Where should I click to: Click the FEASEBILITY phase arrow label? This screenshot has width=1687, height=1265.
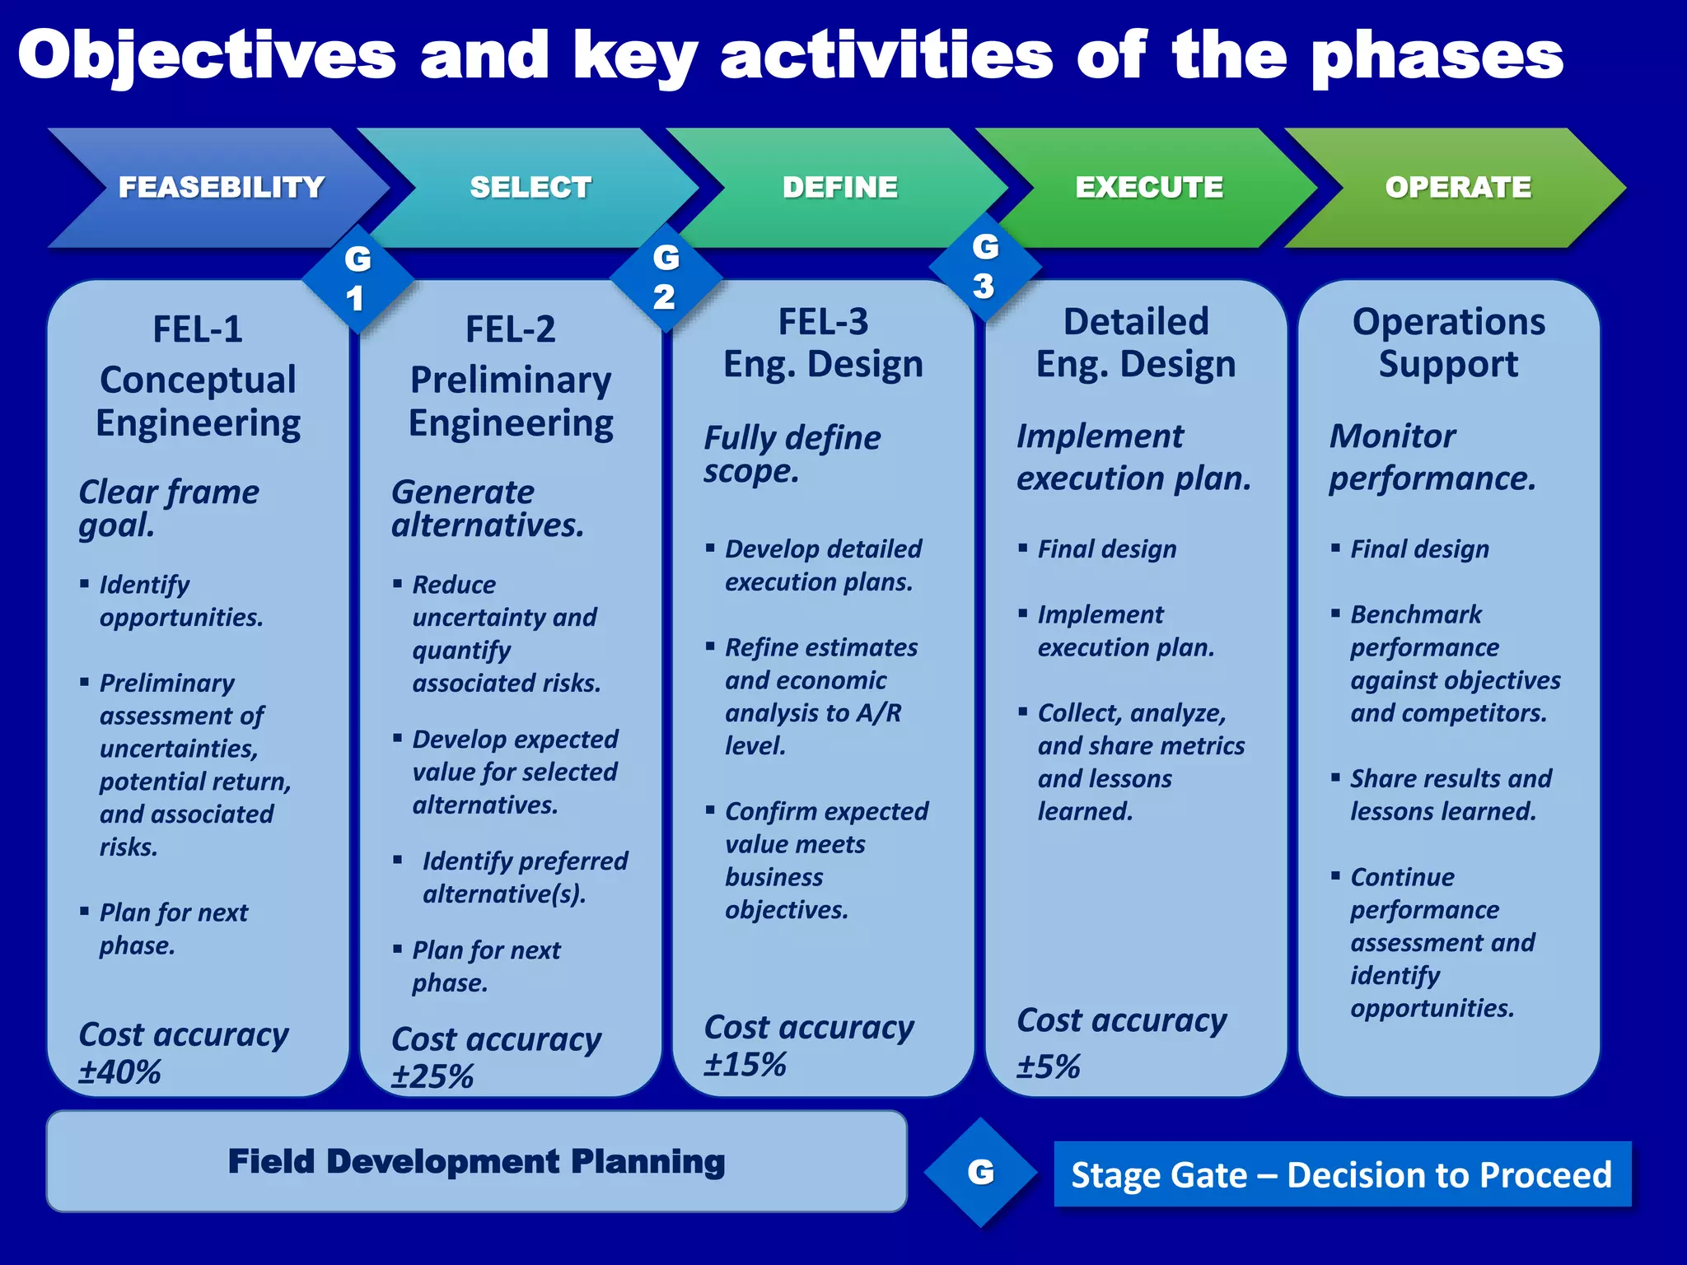tap(221, 188)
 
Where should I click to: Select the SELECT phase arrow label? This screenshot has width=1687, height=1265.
tap(530, 188)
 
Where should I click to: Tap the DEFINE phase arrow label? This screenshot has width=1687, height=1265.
tap(839, 188)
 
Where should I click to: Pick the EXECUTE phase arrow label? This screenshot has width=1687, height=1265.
tap(1149, 188)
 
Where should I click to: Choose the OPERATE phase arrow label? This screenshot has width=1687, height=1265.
tap(1458, 188)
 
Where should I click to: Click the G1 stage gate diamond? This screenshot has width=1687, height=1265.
tap(357, 278)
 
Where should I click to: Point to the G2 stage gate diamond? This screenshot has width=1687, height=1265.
tap(666, 277)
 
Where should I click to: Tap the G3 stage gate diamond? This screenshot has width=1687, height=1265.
tap(984, 266)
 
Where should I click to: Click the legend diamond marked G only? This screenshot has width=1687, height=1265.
tap(980, 1172)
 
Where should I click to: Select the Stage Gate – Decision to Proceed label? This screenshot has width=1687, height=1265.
tap(1341, 1174)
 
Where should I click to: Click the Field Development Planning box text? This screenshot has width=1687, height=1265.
tap(476, 1161)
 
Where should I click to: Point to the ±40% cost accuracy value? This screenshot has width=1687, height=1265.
tap(120, 1072)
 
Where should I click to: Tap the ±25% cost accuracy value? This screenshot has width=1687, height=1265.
tap(432, 1076)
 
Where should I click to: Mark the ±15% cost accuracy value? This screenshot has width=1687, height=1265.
tap(745, 1065)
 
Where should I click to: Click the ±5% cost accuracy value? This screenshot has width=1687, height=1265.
tap(1048, 1067)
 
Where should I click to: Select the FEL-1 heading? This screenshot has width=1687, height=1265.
tap(198, 329)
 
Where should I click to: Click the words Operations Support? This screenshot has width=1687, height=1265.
tap(1448, 343)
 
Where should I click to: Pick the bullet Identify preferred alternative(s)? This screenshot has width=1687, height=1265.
tap(524, 877)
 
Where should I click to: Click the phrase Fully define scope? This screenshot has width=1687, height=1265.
tap(792, 454)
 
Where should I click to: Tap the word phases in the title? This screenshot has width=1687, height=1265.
tap(1437, 56)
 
